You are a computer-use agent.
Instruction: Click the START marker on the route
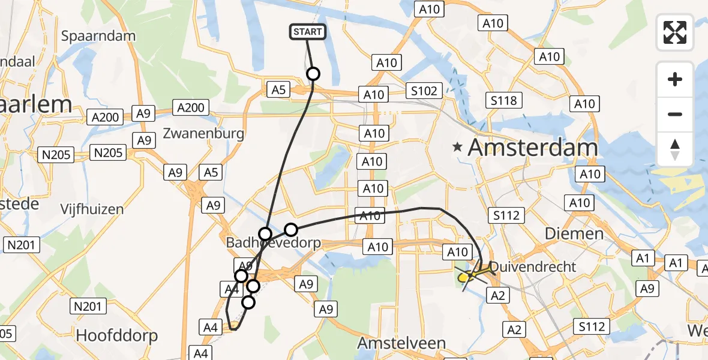[308, 32]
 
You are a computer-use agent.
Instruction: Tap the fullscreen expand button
[675, 32]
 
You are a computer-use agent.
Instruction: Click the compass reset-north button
[675, 149]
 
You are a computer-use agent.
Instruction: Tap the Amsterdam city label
[533, 147]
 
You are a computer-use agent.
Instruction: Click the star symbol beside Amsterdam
[458, 146]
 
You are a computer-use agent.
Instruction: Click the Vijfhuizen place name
[92, 209]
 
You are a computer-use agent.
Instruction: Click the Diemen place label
[574, 233]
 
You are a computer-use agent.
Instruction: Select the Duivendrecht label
[533, 267]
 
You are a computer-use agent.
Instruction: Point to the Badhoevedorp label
[273, 243]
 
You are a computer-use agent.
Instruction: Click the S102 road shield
[424, 91]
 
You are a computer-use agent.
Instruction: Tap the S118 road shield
[503, 101]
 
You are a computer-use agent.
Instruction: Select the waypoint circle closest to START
[313, 74]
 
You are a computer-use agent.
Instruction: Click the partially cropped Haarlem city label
[36, 104]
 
